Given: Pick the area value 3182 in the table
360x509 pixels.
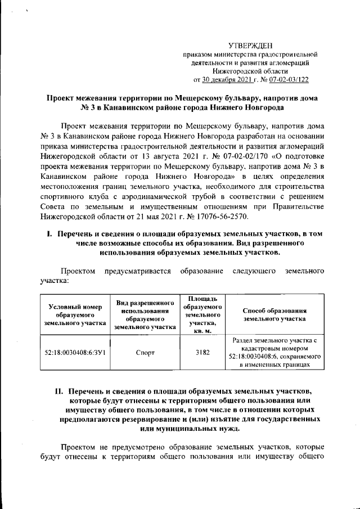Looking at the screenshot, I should pos(202,353).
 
